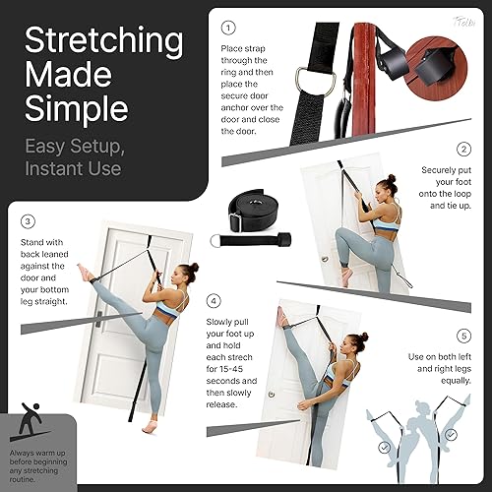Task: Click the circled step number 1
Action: pos(229,28)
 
